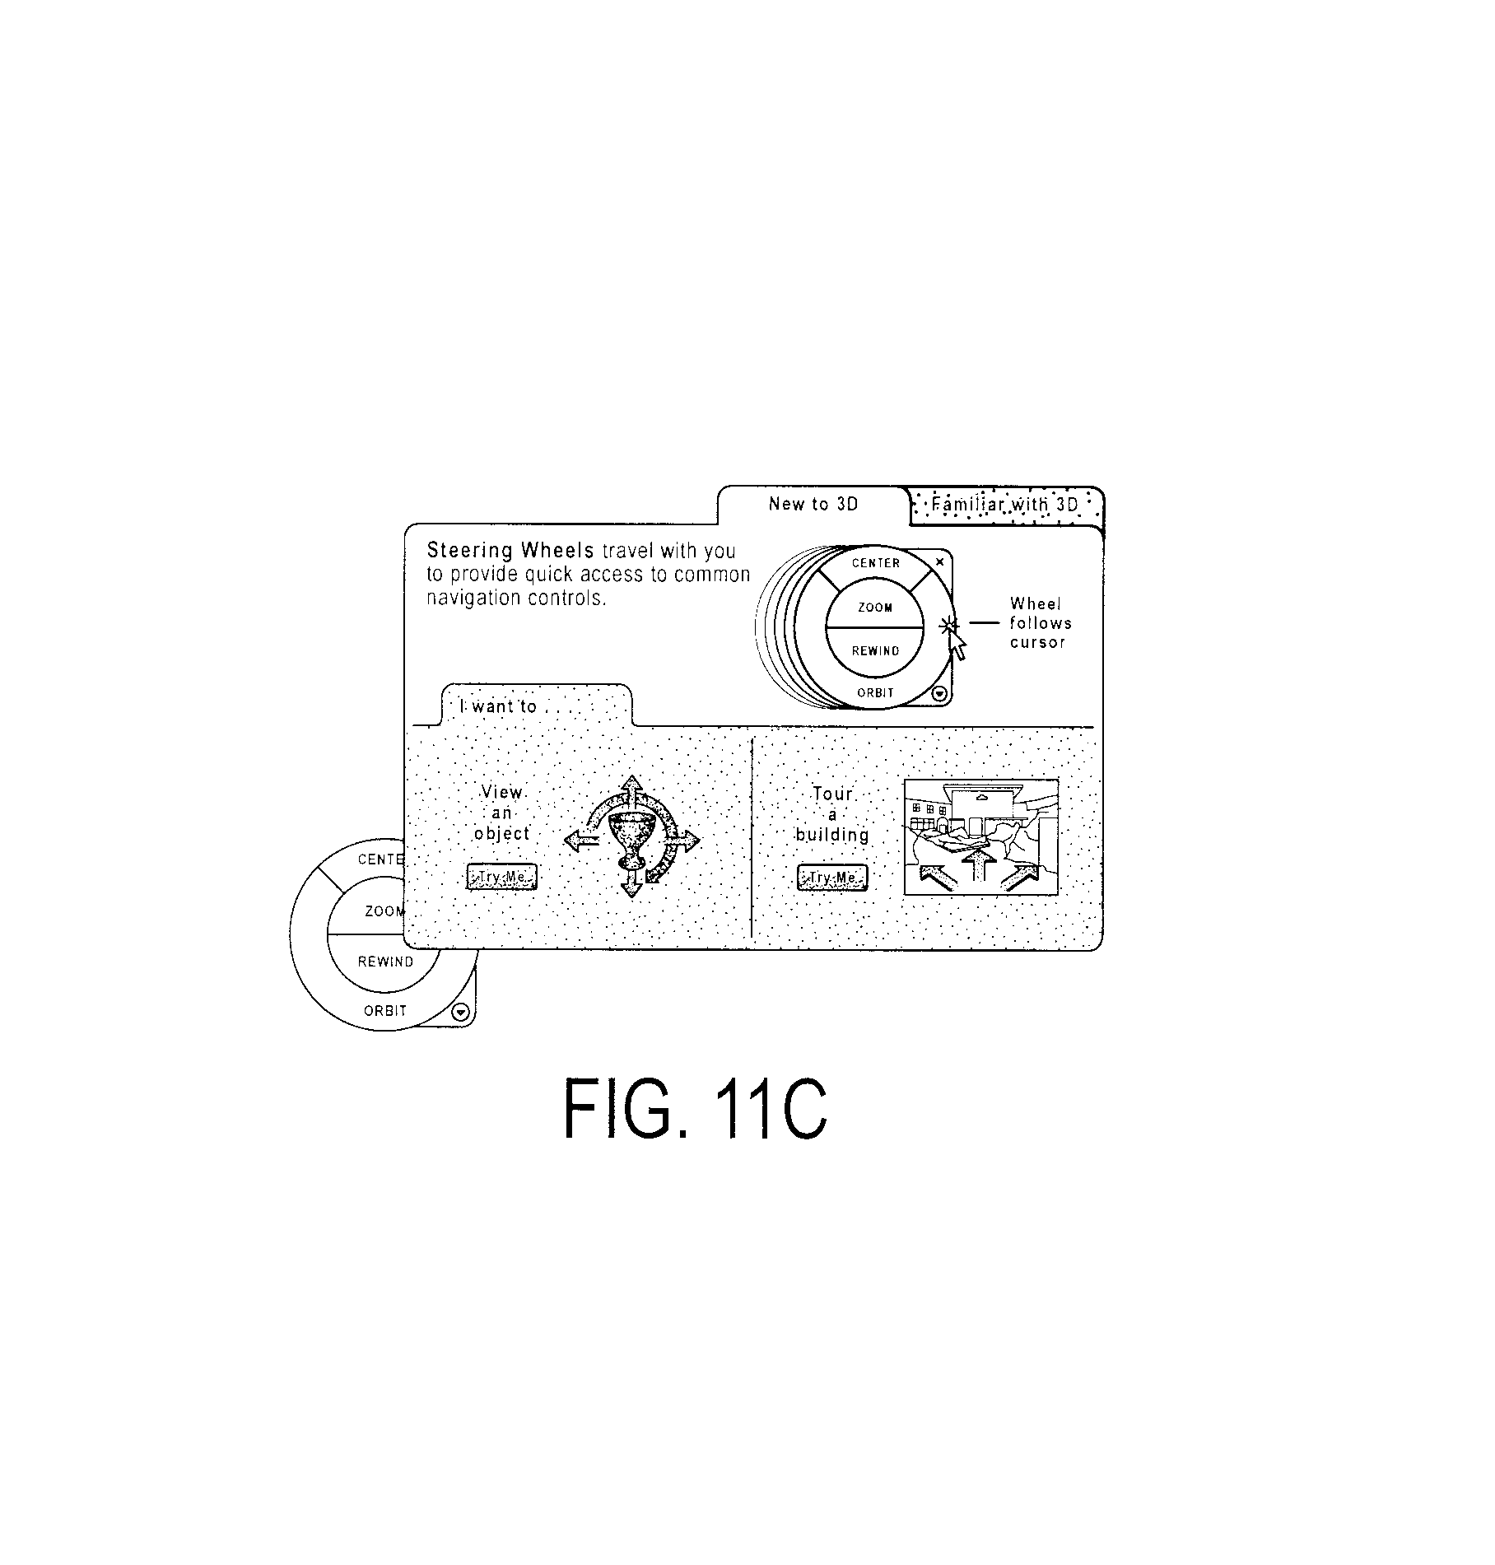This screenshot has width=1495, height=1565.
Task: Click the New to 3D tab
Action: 813,504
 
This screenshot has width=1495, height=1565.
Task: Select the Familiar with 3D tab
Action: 1005,504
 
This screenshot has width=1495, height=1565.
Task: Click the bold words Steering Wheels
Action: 510,550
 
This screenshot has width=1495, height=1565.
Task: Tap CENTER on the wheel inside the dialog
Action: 876,563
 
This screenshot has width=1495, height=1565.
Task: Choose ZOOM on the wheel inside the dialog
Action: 875,608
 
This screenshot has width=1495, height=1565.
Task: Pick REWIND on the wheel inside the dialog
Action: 875,651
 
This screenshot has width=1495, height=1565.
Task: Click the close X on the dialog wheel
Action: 940,561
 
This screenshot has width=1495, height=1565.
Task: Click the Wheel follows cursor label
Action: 1040,623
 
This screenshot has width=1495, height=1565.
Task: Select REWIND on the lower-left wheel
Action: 385,962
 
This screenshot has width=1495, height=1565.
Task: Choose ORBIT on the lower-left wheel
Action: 385,1011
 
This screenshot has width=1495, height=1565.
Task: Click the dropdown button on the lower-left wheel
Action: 461,1013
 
